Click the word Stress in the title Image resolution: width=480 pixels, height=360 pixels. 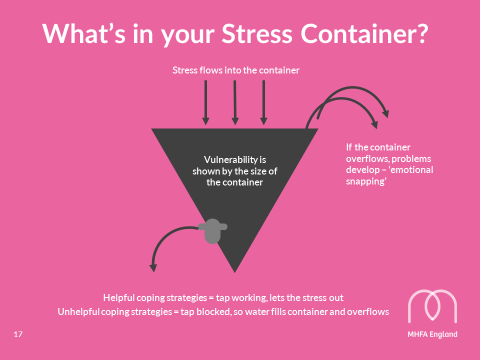tap(257, 34)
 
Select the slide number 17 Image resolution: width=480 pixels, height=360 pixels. tap(18, 334)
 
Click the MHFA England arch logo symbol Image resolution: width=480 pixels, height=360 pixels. tap(432, 306)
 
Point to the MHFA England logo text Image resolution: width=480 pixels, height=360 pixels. tap(432, 334)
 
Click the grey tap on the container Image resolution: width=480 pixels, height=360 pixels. tap(213, 231)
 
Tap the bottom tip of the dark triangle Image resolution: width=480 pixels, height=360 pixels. tap(235, 272)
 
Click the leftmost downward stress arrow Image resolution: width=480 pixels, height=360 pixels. tap(206, 102)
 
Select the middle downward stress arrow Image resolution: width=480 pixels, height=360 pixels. tap(235, 102)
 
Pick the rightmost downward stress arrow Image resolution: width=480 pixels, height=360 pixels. tap(264, 102)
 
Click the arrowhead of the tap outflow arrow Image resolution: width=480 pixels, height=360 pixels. tap(153, 267)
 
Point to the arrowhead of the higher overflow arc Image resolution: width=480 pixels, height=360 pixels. tap(386, 113)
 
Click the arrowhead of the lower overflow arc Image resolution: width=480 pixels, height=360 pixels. tap(375, 124)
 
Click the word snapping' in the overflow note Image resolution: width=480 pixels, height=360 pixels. tap(366, 182)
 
